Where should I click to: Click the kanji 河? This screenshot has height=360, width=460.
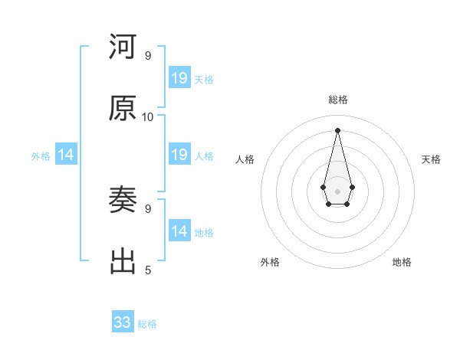123,47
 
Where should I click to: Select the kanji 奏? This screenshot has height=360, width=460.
123,201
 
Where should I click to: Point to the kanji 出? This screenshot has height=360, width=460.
123,261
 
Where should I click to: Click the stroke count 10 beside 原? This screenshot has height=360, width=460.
148,117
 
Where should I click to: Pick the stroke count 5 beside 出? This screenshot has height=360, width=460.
148,270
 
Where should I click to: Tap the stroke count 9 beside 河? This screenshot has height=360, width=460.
148,56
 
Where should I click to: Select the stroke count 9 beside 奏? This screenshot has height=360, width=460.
148,208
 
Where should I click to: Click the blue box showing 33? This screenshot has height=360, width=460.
123,322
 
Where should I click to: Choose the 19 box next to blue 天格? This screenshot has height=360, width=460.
179,77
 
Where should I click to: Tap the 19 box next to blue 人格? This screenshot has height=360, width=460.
179,155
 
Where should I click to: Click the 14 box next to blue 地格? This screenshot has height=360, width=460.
179,231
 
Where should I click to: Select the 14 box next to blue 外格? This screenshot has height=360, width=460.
66,155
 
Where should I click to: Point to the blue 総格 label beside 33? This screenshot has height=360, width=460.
147,324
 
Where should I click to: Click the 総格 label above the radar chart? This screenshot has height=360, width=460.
338,100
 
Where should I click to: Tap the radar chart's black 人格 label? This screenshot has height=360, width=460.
245,159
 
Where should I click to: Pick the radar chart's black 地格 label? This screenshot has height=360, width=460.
402,263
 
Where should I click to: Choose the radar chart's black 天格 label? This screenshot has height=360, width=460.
431,159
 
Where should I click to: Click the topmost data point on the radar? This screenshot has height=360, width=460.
337,129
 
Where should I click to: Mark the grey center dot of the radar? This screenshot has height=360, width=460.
337,190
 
